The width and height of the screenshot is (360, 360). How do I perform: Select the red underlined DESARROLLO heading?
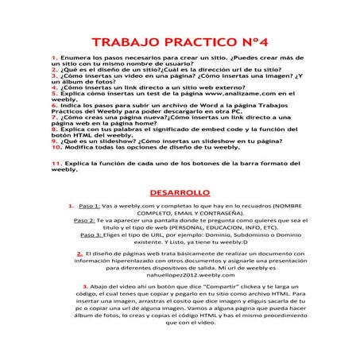pyautogui.click(x=180, y=192)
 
